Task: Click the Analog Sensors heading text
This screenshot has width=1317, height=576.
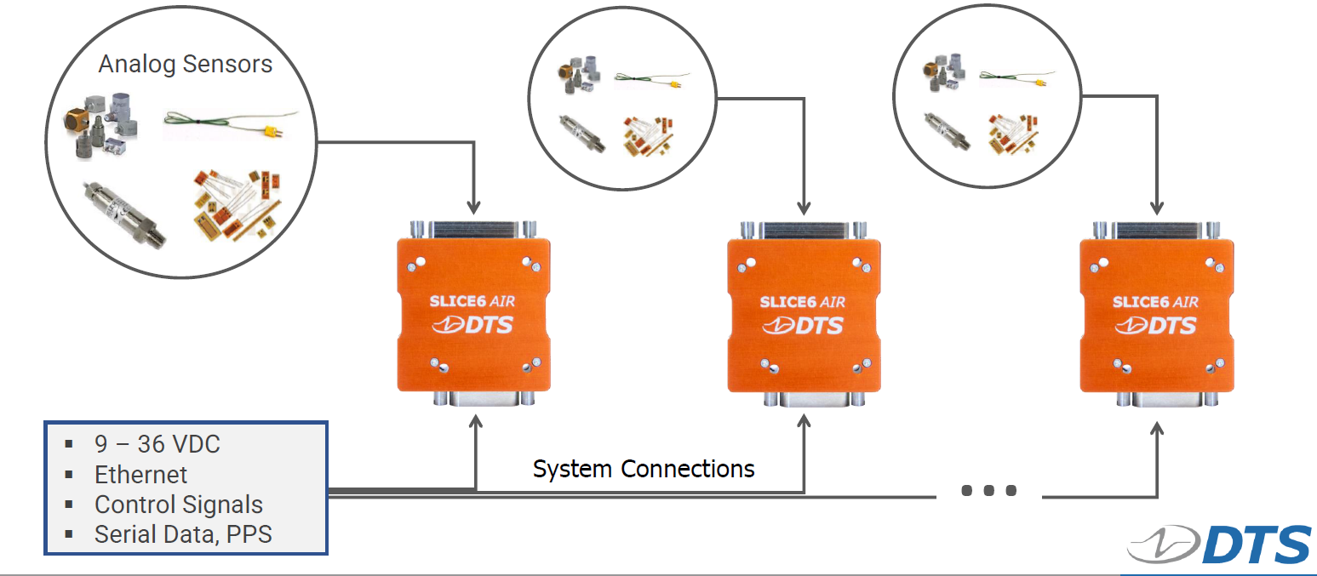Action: click(x=186, y=65)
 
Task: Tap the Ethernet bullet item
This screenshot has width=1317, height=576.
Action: click(x=140, y=475)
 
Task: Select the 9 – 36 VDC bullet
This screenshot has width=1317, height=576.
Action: click(x=157, y=444)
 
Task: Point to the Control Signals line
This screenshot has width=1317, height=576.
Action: click(x=178, y=505)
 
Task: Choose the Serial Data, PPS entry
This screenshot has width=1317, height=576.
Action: click(x=183, y=534)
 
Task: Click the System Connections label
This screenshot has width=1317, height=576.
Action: click(x=644, y=469)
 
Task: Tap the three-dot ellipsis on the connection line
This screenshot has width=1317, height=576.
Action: click(x=988, y=491)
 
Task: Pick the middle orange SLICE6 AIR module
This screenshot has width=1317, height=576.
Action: click(x=804, y=314)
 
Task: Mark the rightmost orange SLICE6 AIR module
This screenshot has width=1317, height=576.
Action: click(x=1156, y=314)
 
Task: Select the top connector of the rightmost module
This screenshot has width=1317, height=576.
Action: click(x=1156, y=230)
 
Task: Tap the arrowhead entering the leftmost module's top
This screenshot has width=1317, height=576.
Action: click(x=474, y=207)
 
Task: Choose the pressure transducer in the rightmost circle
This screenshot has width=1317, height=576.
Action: click(x=948, y=131)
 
